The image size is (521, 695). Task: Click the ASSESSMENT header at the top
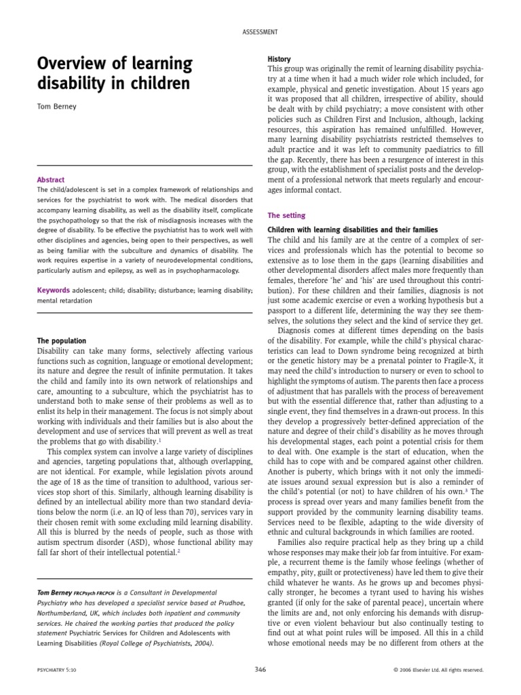click(x=260, y=32)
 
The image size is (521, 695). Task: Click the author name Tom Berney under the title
click(x=56, y=107)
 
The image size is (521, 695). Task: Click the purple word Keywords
click(x=54, y=290)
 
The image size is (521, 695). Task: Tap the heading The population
click(x=61, y=340)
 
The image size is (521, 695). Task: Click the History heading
click(x=279, y=60)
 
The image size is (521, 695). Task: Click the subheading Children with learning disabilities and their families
click(x=353, y=230)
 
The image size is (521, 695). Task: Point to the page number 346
click(x=260, y=669)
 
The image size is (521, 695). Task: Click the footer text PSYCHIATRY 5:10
click(x=59, y=669)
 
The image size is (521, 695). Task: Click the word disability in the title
click(x=72, y=86)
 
